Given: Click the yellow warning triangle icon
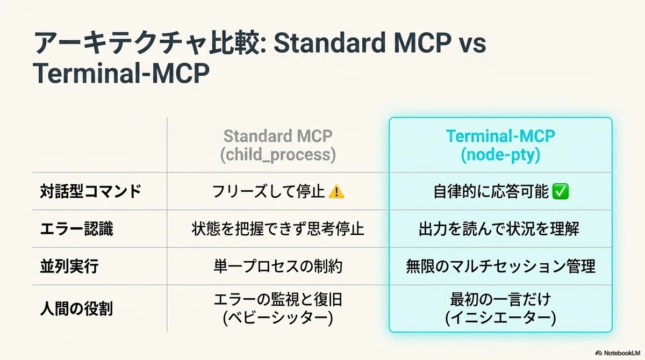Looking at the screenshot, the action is tap(336, 192).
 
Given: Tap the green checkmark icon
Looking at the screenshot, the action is tap(560, 192).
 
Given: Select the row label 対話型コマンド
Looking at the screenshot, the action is tap(90, 192).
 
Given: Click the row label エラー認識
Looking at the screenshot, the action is tap(76, 229).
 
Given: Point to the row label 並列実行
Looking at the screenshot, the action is tap(69, 266).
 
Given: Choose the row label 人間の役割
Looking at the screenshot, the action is tap(76, 309).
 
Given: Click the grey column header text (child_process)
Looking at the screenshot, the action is tap(278, 155).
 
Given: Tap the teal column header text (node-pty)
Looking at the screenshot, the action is tap(500, 155).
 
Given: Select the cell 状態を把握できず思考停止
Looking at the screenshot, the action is tap(278, 229).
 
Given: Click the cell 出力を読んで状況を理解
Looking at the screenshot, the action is tap(499, 229).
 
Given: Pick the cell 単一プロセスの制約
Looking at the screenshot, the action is tap(278, 266).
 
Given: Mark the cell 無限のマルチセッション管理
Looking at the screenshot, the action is tap(500, 266).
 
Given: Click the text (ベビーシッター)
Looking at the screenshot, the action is tap(278, 318).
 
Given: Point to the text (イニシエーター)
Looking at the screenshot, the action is tap(500, 318).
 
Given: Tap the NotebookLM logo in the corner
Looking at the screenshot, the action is tap(618, 353).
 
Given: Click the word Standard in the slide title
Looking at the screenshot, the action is tap(329, 43).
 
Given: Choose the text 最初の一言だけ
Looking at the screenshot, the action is tap(500, 299).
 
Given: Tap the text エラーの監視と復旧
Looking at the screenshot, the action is tap(278, 299).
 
